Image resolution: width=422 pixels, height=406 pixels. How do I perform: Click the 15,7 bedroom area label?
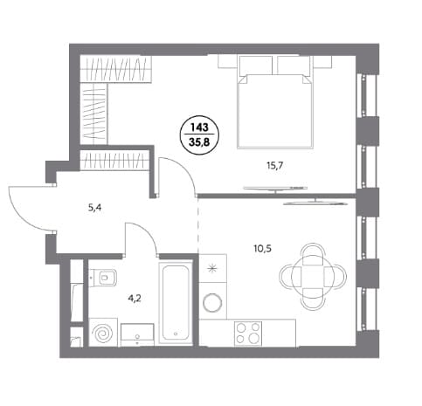click(x=274, y=166)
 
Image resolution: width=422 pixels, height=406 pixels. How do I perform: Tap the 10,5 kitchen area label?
click(x=262, y=249)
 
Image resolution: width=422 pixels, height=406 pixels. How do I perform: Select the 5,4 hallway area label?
click(x=94, y=208)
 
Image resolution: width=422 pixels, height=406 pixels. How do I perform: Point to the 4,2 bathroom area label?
click(x=135, y=299)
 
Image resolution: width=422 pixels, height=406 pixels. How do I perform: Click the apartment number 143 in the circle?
click(x=199, y=127)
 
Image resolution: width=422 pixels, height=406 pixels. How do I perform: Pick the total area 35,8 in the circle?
click(x=199, y=142)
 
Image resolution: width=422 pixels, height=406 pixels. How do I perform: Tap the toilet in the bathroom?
click(x=105, y=277)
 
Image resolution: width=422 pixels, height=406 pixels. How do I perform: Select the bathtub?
click(x=176, y=303)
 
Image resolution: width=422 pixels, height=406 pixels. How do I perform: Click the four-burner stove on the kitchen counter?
click(x=248, y=334)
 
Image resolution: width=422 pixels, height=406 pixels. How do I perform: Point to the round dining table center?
click(x=313, y=276)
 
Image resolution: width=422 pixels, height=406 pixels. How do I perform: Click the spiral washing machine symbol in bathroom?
click(x=103, y=333)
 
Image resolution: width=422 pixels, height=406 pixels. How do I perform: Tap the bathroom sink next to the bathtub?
click(x=137, y=334)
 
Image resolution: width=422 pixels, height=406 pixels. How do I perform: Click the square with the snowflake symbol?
click(x=213, y=268)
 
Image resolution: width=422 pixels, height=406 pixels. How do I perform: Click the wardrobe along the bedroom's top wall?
click(x=116, y=69)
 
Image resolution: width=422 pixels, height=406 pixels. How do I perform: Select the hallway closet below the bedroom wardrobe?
click(x=114, y=160)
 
